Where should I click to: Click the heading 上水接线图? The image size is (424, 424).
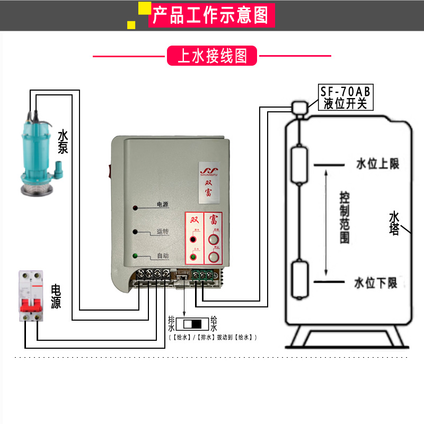(x=212, y=56)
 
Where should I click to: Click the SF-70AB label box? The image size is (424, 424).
(x=345, y=97)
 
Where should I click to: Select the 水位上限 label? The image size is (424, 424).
(x=377, y=164)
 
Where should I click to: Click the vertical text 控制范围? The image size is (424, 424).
(x=345, y=217)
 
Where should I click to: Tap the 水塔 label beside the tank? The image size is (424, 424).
(x=394, y=223)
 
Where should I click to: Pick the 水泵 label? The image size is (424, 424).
(x=63, y=142)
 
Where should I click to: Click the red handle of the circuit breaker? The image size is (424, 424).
(x=30, y=305)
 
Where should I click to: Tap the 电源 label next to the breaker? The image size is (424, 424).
(x=56, y=296)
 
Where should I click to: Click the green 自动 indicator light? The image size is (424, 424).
(x=136, y=257)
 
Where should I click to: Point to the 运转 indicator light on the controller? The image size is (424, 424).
(x=136, y=232)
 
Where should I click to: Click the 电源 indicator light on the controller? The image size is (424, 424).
(x=136, y=208)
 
